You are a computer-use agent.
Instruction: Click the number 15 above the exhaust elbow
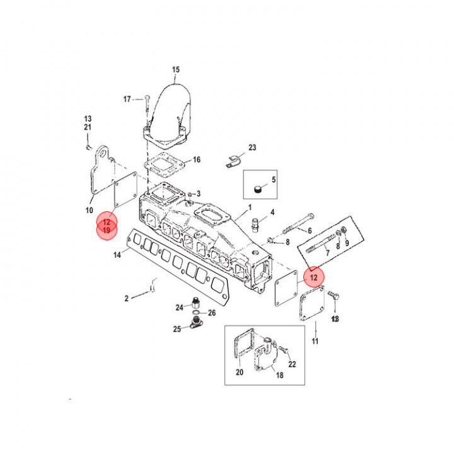176,69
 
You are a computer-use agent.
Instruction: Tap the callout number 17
127,99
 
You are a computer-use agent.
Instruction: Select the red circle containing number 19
107,231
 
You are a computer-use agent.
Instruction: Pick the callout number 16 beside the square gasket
196,160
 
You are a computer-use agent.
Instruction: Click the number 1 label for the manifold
250,207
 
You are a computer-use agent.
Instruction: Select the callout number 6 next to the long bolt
310,230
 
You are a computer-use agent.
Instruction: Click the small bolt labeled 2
152,289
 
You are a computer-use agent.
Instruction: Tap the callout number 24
179,307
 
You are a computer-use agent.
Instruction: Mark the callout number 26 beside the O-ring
211,313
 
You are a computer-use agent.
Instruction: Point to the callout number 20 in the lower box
239,371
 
